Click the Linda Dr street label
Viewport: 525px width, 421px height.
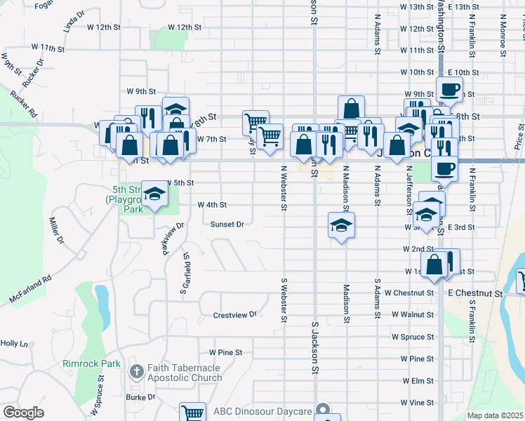click(x=74, y=22)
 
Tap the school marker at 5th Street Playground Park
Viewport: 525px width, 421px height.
click(x=154, y=193)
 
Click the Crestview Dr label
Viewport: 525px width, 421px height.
click(x=235, y=315)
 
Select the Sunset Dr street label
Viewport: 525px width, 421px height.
click(x=227, y=225)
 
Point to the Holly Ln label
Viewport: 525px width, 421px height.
click(x=14, y=344)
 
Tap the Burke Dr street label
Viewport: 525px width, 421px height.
click(x=140, y=397)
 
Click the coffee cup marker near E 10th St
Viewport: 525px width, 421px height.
click(x=449, y=89)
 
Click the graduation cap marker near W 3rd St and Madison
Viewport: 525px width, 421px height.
click(x=340, y=225)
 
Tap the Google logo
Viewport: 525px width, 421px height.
click(x=23, y=413)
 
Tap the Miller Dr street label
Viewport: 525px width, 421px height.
click(x=55, y=230)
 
